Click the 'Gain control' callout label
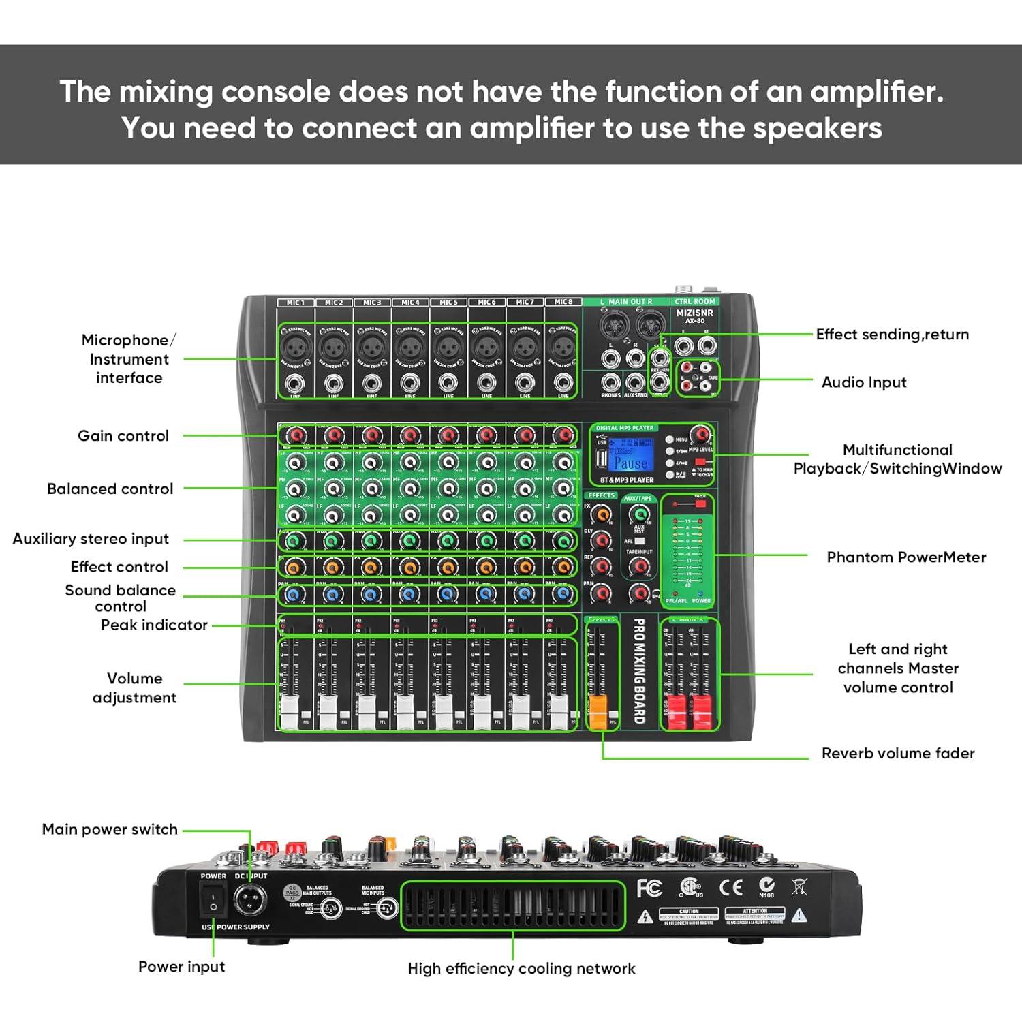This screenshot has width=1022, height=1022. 123,436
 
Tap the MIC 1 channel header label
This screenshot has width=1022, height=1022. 296,302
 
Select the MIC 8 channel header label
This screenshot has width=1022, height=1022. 563,302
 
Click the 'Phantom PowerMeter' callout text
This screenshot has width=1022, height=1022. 906,557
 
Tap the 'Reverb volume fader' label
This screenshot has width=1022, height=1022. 897,753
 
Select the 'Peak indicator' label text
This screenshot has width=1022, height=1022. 154,625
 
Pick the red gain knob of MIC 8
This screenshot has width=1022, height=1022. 563,435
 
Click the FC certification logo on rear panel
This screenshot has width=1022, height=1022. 649,888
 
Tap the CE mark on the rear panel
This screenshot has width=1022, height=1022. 731,887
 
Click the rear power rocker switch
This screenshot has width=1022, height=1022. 213,899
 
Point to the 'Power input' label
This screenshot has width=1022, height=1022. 181,966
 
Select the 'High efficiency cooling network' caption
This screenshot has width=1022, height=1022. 521,968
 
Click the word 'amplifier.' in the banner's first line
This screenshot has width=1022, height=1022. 877,91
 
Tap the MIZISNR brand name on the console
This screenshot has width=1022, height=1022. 694,313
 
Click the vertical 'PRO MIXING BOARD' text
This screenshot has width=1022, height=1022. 639,670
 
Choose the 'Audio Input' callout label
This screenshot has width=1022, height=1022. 864,382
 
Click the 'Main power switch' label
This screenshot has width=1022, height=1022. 110,829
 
